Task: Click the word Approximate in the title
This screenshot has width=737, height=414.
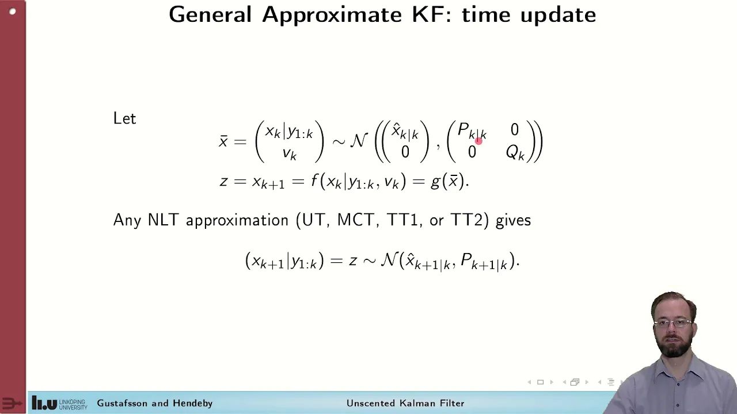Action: tap(332, 16)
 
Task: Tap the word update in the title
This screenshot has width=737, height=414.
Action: tap(559, 16)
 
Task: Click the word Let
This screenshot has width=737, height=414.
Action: tap(124, 118)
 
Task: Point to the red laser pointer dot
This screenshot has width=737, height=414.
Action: tap(478, 141)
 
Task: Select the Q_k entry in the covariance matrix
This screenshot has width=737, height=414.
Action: tap(515, 152)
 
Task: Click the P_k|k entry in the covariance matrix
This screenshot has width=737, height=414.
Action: tap(472, 131)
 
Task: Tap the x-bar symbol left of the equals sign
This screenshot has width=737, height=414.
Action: tap(223, 141)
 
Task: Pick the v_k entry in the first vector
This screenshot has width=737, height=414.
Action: tap(290, 154)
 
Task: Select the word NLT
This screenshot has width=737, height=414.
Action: tap(163, 220)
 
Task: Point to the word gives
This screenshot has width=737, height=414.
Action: tap(513, 220)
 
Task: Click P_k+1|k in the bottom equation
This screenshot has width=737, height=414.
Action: tap(484, 262)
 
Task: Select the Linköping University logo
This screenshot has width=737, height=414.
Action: tap(59, 403)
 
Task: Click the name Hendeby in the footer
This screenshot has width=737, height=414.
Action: tap(192, 403)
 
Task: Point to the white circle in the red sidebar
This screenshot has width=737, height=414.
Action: tap(13, 12)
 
